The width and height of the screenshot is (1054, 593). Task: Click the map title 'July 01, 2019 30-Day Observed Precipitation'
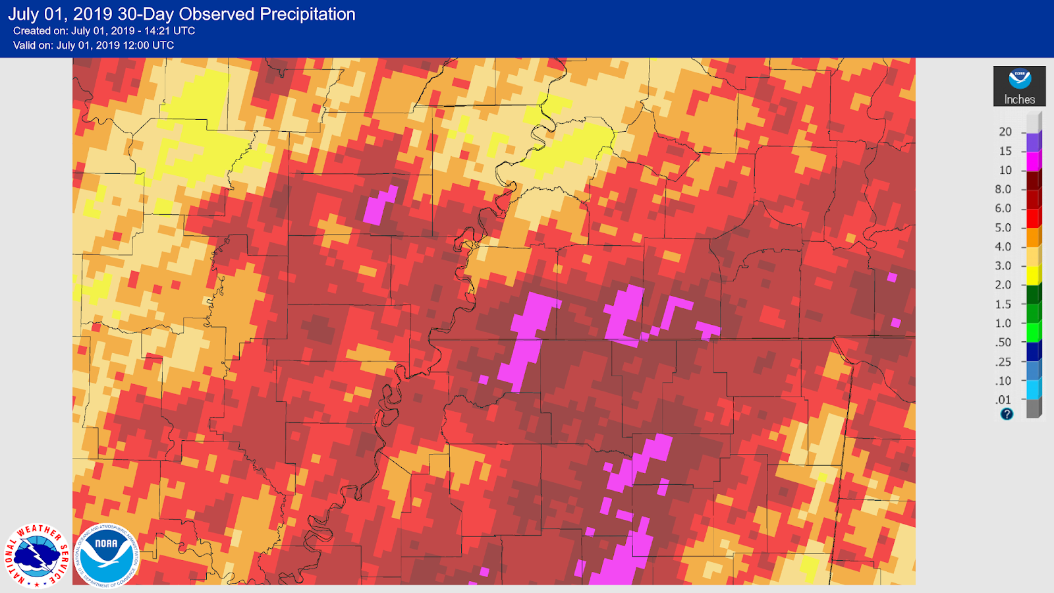182,14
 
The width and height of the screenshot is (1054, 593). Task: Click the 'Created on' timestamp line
104,31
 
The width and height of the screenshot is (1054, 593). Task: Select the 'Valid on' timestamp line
94,45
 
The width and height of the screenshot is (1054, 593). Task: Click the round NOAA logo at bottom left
106,555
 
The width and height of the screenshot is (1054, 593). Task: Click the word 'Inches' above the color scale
1019,99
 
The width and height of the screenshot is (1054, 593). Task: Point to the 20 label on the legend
1005,132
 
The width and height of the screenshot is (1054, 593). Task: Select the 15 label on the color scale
1005,151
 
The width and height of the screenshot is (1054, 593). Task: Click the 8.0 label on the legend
1003,189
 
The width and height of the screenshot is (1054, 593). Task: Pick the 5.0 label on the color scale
1003,227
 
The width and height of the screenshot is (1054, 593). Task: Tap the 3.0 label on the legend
1003,266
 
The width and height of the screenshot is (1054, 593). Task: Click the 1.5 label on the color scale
1003,304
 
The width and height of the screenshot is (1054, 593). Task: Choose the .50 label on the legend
1003,343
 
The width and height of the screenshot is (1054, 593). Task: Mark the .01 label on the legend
1003,400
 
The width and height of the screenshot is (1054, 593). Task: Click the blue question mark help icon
1007,414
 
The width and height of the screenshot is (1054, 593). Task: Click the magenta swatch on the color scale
1034,161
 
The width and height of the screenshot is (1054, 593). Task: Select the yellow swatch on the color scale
1034,275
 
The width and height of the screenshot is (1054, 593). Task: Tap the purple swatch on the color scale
1034,142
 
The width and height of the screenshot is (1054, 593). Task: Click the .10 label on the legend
1003,381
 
